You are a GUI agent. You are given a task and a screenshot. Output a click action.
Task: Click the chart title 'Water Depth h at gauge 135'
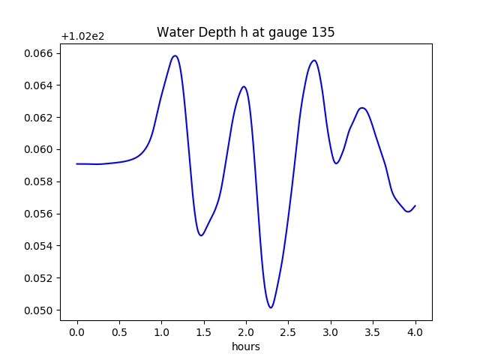click(245, 32)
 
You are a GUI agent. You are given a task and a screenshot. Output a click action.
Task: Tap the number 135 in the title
click(323, 32)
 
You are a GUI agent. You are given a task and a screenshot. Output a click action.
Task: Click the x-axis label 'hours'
click(245, 346)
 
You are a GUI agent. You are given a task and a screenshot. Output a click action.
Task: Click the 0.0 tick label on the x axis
click(77, 332)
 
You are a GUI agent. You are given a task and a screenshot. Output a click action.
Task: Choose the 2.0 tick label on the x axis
click(246, 332)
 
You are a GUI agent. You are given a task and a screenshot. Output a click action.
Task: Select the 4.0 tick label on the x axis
click(415, 332)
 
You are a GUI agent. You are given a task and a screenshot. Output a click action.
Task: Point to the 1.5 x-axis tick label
click(204, 332)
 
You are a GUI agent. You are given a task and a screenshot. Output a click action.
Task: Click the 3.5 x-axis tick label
click(373, 332)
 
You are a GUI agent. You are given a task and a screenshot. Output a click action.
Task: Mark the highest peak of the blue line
click(175, 55)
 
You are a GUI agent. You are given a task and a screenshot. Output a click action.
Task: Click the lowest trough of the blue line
click(271, 307)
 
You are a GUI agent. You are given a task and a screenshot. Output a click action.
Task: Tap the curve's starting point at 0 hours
click(77, 163)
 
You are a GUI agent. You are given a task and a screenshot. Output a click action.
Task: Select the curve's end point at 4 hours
click(415, 205)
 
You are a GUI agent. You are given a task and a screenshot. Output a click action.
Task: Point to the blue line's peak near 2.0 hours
click(244, 86)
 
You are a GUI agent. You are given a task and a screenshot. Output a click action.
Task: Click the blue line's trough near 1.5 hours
click(201, 235)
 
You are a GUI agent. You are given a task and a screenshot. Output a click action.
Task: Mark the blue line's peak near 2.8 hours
click(314, 61)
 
